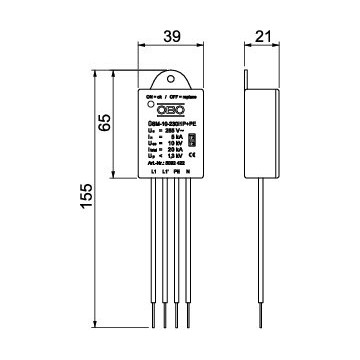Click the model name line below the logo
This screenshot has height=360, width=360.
[x=165, y=123]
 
